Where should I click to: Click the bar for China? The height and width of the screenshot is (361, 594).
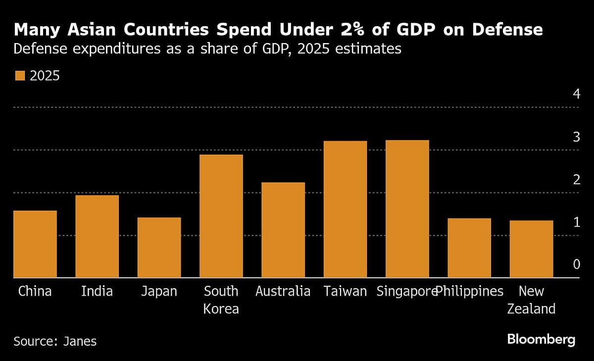(x=35, y=244)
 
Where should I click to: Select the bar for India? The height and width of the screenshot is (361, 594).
(x=97, y=236)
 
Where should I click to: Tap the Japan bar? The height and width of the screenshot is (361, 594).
(x=159, y=248)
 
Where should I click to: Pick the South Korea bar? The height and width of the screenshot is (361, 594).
(x=221, y=216)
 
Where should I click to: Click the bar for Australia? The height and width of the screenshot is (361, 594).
(x=283, y=230)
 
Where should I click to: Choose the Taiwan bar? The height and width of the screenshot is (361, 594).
(x=345, y=209)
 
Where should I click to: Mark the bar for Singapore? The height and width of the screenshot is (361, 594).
(x=407, y=208)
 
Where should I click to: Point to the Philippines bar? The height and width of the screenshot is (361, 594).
(x=469, y=248)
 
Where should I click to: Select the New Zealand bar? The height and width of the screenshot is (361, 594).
(x=531, y=249)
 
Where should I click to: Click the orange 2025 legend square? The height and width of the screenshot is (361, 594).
(x=20, y=76)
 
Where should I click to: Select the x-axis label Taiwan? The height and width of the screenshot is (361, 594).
(x=345, y=291)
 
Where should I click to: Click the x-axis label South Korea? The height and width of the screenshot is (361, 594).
(x=221, y=300)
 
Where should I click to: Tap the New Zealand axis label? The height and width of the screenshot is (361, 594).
(x=531, y=300)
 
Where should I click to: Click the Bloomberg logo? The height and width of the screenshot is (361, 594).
(x=541, y=340)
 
